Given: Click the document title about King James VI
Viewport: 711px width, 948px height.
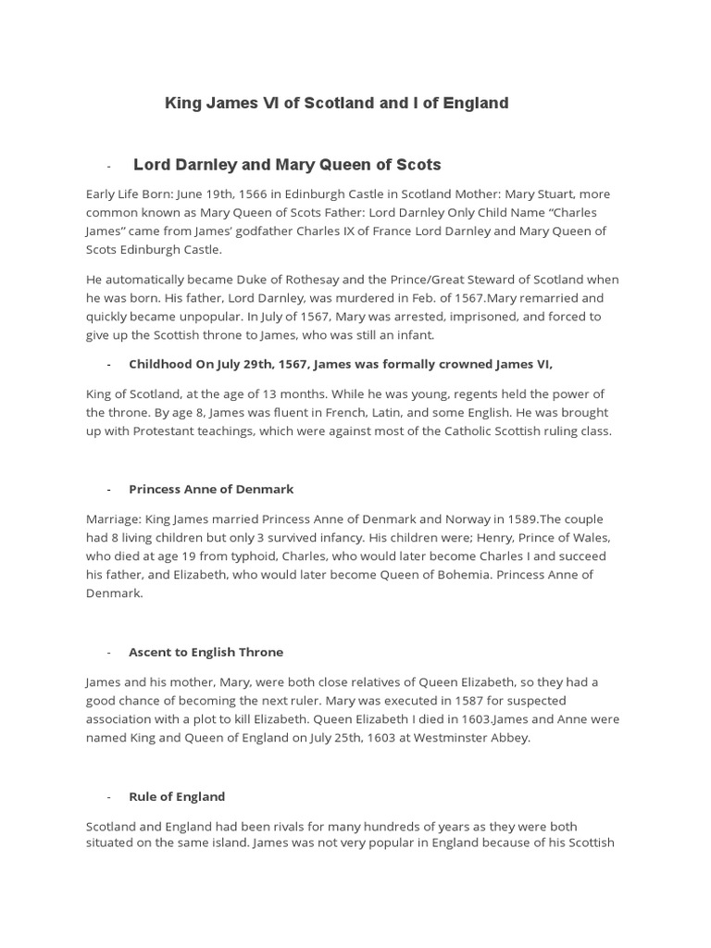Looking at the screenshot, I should pos(336,103).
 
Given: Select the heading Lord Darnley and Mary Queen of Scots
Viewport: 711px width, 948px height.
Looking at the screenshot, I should pos(287,165).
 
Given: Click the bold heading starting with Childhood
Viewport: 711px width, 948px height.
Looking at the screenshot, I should pos(340,365).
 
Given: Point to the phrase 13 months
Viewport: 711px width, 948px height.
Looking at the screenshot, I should pos(290,394).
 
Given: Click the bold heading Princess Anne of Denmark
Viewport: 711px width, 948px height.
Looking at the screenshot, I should pos(211,489).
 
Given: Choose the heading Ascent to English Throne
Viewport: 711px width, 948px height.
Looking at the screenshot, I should pos(206,652).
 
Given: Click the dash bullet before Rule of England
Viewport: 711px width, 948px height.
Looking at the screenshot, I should pos(109,797).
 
